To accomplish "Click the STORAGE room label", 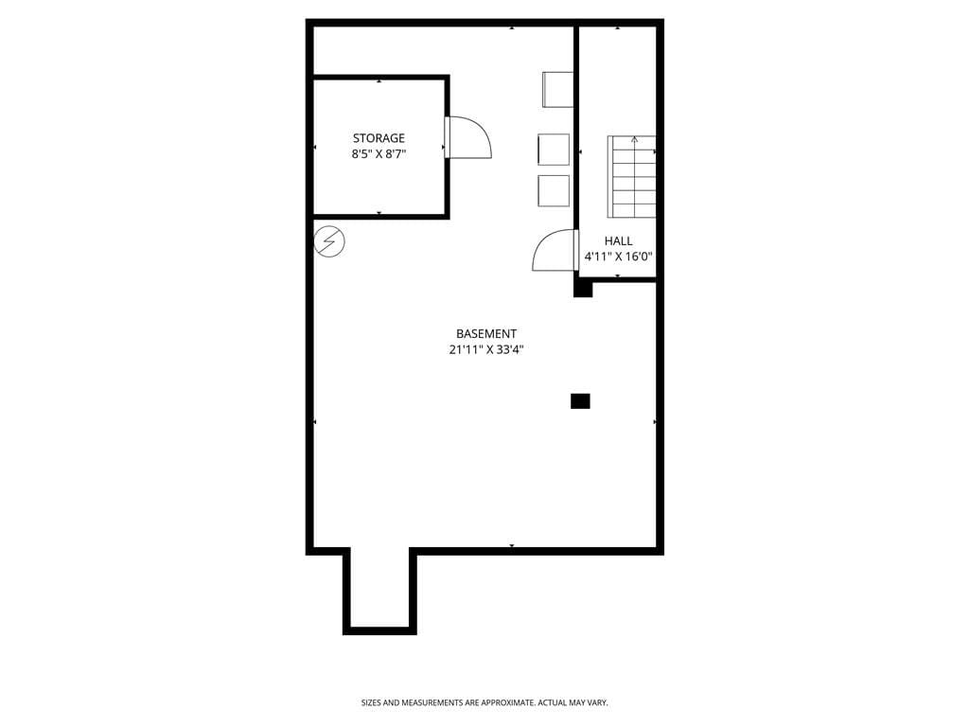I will [x=379, y=138].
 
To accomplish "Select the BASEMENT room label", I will [x=486, y=333].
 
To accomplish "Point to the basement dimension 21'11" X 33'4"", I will [x=486, y=349].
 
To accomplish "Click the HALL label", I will [x=618, y=241].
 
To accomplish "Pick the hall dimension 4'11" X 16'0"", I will [x=618, y=257].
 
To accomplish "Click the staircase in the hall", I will [x=633, y=180].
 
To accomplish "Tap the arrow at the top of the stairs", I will [x=634, y=140].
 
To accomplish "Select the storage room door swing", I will [x=469, y=137].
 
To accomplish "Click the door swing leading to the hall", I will [x=555, y=251].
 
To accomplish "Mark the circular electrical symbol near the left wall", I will [x=329, y=241].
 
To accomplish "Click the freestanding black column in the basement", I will [x=580, y=401].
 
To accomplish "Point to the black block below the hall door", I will [x=583, y=288].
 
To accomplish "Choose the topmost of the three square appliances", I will [x=557, y=89].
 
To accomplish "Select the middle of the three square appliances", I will [x=554, y=150].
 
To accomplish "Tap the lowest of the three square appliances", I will [x=554, y=190].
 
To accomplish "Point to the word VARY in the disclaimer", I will [x=596, y=703].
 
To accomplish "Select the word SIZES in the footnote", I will [x=371, y=703].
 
